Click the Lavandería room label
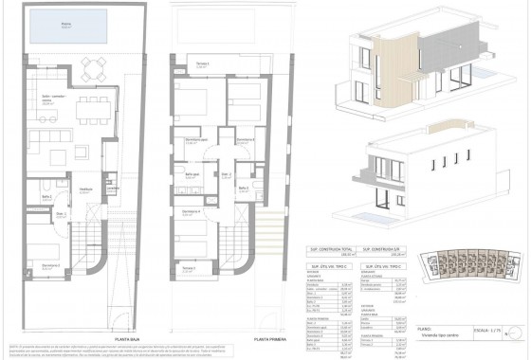click(x=113, y=188)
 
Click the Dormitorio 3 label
click(x=246, y=140)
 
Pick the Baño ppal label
click(x=192, y=173)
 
